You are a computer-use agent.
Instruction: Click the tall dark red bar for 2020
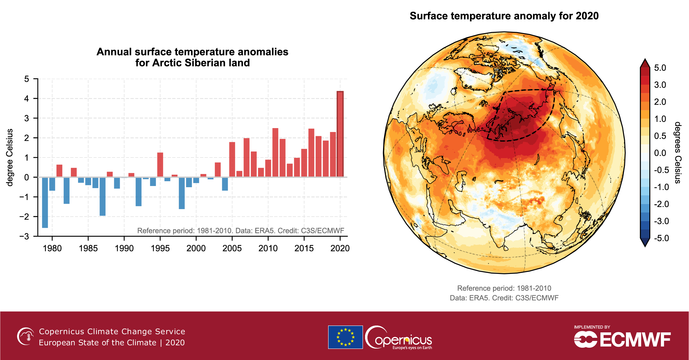(x=340, y=134)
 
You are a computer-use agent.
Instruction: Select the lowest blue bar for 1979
(x=45, y=202)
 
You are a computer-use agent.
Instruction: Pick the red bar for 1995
(x=160, y=165)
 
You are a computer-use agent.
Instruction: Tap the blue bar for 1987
(x=103, y=196)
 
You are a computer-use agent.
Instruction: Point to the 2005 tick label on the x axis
(x=232, y=248)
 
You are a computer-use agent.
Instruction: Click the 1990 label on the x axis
(x=124, y=248)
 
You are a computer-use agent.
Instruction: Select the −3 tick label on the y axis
(x=24, y=236)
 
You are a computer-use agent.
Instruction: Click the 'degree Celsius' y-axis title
(x=10, y=157)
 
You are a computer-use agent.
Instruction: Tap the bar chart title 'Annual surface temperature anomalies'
(x=192, y=52)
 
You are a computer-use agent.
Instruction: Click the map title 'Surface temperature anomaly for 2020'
(x=504, y=16)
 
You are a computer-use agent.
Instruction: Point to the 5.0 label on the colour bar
(x=660, y=68)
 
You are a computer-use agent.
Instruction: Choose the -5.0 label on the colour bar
(x=661, y=238)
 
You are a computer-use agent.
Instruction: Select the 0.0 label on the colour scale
(x=660, y=153)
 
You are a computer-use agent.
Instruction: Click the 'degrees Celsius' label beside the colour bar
(x=678, y=153)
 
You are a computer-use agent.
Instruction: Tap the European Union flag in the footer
(x=345, y=337)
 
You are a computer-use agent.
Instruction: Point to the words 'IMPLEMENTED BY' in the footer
(x=592, y=327)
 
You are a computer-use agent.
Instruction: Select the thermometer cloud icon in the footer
(x=26, y=336)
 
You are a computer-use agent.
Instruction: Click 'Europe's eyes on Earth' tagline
(x=412, y=348)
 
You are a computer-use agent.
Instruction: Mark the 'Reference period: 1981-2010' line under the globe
(x=504, y=288)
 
